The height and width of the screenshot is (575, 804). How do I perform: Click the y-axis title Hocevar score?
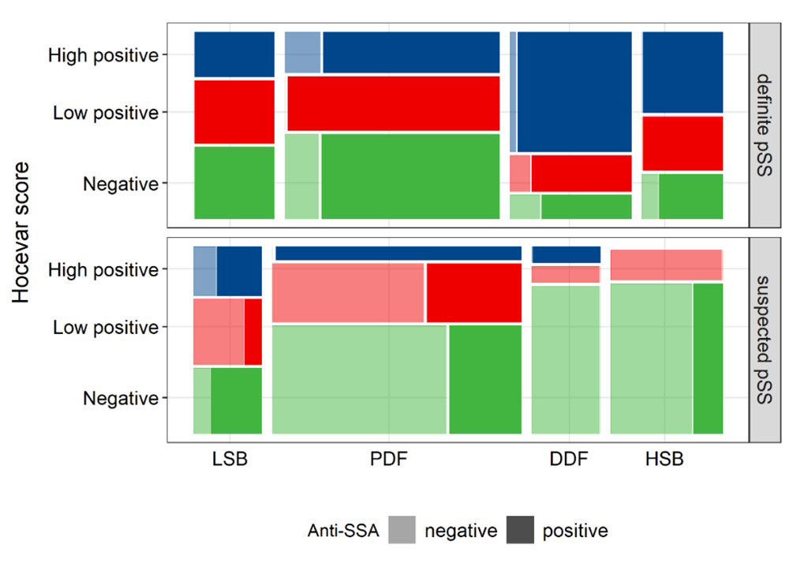click(x=24, y=232)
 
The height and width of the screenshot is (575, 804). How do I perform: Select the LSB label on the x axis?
click(x=230, y=460)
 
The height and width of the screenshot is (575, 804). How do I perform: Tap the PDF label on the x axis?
click(x=388, y=460)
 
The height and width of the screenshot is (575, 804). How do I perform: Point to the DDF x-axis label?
click(x=569, y=460)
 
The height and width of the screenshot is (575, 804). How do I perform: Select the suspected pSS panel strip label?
click(x=765, y=340)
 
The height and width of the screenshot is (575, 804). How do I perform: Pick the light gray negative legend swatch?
click(x=402, y=531)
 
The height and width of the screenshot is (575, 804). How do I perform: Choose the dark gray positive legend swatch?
click(x=519, y=531)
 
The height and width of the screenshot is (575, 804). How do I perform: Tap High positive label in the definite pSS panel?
click(x=103, y=55)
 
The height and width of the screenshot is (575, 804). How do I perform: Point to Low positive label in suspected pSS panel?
click(x=106, y=327)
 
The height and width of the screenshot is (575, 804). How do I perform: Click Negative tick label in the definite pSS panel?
click(x=120, y=184)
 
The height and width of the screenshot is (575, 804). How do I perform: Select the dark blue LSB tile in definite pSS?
click(x=234, y=54)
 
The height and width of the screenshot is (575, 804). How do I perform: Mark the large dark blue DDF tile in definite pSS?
click(x=574, y=91)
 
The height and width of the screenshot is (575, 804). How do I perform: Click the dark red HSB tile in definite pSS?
click(x=682, y=143)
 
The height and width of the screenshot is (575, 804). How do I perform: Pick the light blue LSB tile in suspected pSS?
click(x=204, y=270)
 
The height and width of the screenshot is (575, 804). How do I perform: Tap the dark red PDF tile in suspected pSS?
click(x=473, y=292)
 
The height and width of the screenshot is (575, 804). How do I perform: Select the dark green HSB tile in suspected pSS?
click(x=708, y=358)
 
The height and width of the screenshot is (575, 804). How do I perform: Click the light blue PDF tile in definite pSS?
click(x=302, y=52)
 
